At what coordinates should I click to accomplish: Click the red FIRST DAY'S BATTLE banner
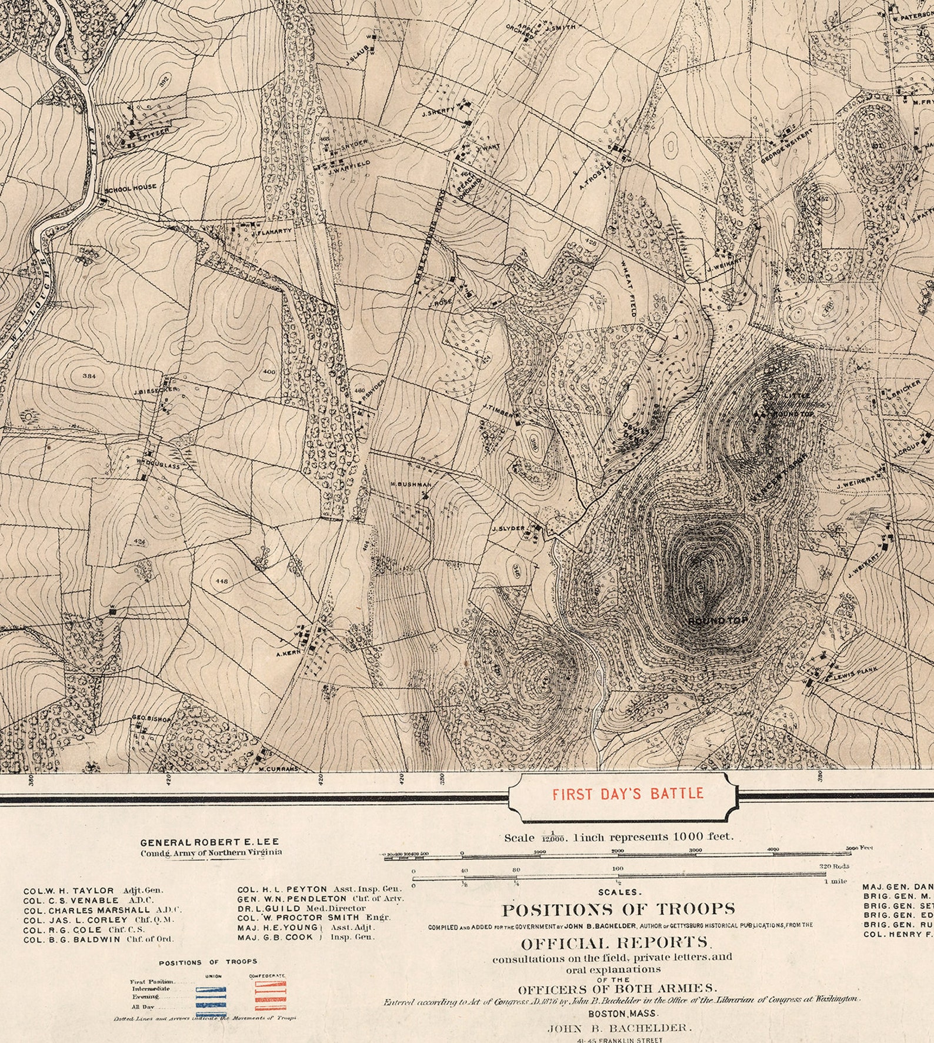pos(628,793)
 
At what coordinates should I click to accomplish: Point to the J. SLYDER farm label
pos(508,528)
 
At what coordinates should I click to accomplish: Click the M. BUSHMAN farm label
pos(411,484)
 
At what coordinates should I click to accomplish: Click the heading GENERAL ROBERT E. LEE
pos(209,842)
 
